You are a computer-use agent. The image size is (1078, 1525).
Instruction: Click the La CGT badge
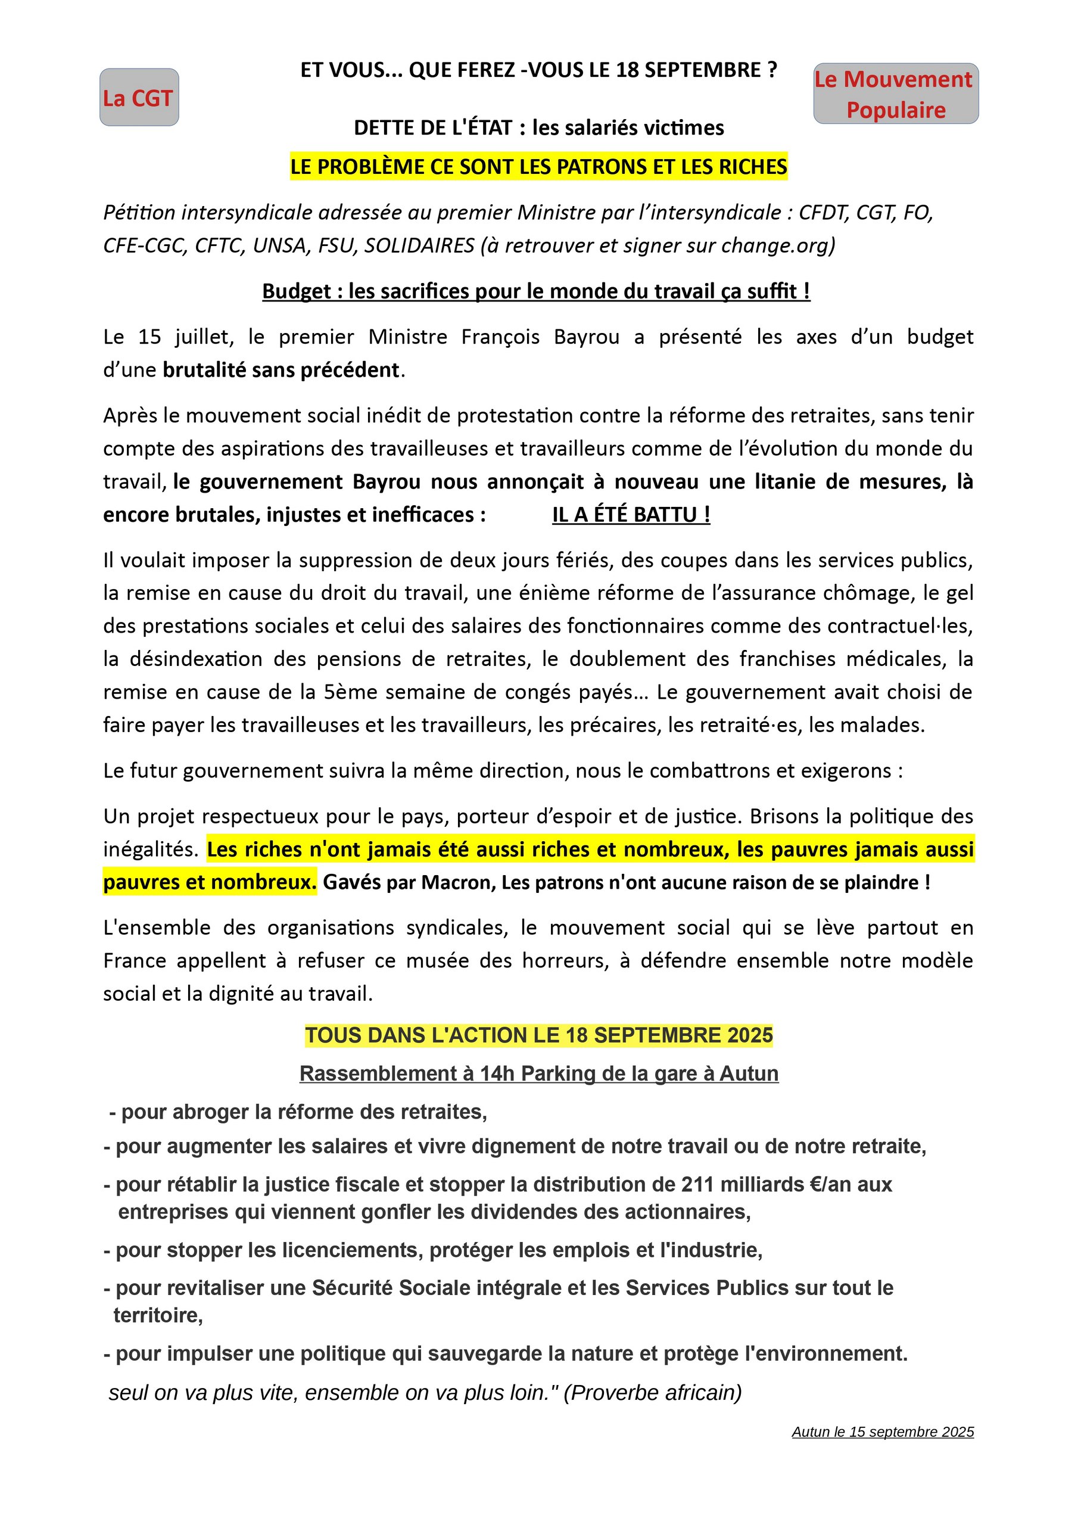pos(139,98)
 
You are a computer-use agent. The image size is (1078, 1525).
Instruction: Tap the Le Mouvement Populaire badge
pos(895,94)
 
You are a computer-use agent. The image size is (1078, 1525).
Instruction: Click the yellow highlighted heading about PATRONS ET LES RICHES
pos(538,166)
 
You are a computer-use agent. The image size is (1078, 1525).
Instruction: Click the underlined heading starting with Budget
pos(536,291)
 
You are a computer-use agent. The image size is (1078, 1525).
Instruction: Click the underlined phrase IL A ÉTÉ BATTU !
pos(631,514)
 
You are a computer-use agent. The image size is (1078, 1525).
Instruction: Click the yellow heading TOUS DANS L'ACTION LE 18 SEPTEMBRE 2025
pos(538,1035)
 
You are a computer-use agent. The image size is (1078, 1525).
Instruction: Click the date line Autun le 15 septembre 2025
pos(882,1432)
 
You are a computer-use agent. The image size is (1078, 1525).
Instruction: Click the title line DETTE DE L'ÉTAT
pos(538,127)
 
